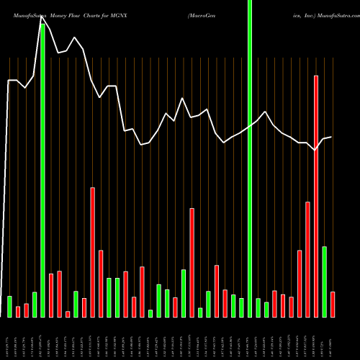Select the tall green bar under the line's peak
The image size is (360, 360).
pyautogui.click(x=42, y=173)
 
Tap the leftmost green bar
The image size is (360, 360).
pyautogui.click(x=9, y=306)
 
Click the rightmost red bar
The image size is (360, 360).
pyautogui.click(x=333, y=304)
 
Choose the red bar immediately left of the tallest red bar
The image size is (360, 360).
pyautogui.click(x=307, y=259)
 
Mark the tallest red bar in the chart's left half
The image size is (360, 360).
pyautogui.click(x=92, y=252)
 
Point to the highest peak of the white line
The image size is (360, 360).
pyautogui.click(x=42, y=21)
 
